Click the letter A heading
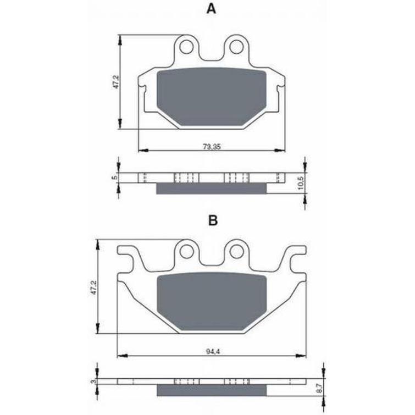(211, 9)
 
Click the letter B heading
(213, 220)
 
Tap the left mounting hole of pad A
(186, 47)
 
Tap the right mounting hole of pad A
(236, 47)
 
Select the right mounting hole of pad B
(236, 251)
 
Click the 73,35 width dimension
(212, 146)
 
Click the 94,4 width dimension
(213, 351)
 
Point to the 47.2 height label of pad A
(116, 82)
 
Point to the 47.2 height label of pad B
(95, 287)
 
